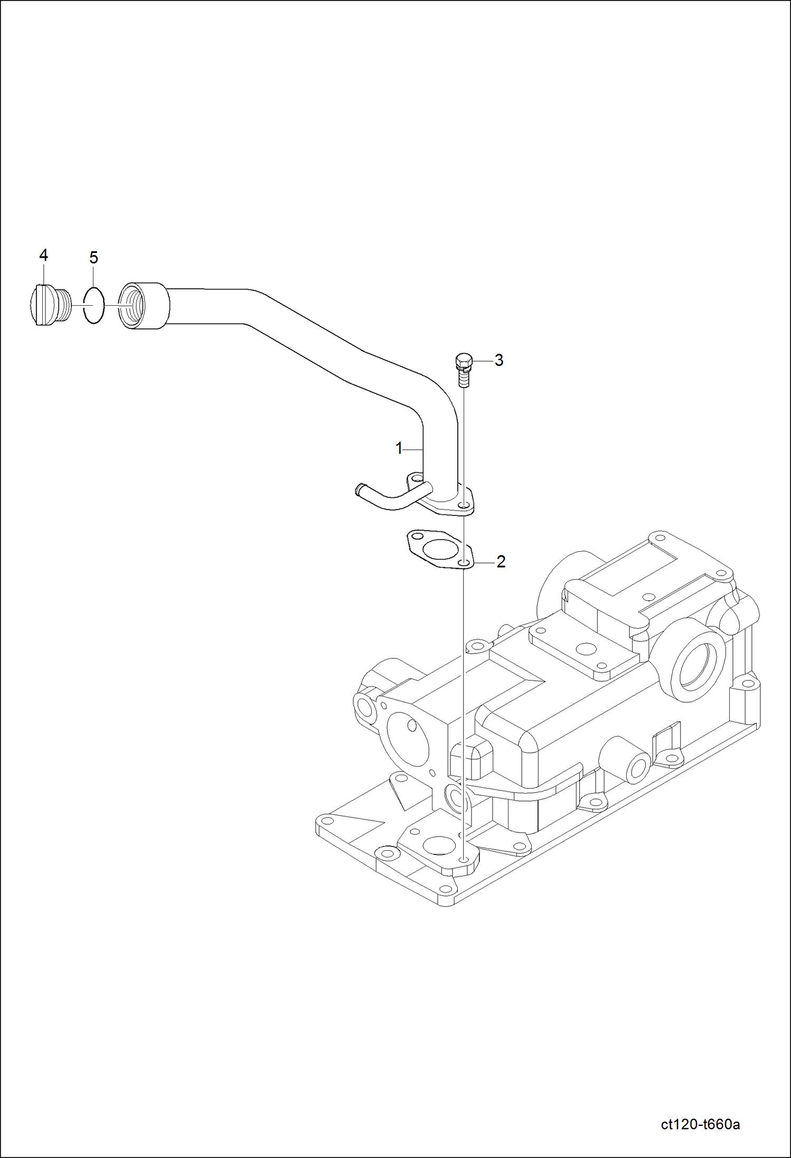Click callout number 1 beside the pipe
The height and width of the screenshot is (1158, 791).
pos(399,448)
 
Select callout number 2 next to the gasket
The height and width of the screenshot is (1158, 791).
pos(501,561)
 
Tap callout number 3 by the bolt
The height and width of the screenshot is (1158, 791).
pos(498,361)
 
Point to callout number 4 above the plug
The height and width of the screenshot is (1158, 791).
pos(43,256)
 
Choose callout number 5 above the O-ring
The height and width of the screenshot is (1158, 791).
pos(93,258)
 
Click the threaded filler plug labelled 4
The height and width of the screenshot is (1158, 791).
pos(49,305)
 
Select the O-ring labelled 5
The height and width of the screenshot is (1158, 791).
pos(94,305)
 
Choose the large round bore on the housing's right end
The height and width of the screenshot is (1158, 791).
pos(696,668)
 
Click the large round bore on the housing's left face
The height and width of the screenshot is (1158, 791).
pos(408,736)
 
